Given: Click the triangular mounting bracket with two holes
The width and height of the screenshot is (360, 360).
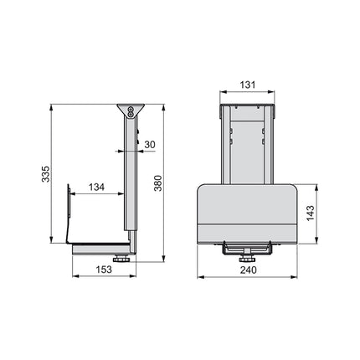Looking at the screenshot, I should click(130, 110).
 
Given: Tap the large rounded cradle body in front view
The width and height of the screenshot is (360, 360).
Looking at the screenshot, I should click(247, 213).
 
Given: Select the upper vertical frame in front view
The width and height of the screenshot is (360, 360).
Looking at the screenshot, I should click(247, 142).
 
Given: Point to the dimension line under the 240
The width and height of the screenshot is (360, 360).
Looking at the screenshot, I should click(248, 276).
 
